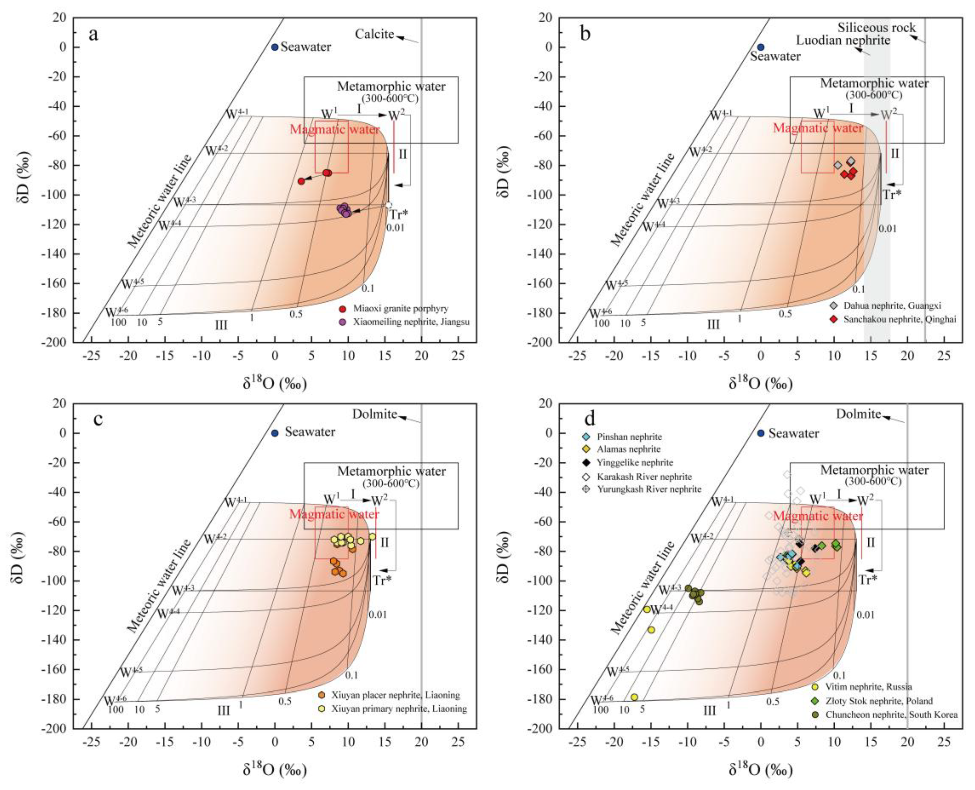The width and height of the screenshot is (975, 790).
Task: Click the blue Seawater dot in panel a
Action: [x=275, y=47]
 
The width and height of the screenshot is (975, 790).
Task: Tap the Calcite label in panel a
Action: [x=374, y=34]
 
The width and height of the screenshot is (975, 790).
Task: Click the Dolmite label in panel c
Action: [x=374, y=414]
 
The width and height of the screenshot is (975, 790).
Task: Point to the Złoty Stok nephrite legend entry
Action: [x=879, y=701]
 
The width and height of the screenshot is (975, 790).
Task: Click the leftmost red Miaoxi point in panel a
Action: [x=301, y=181]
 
